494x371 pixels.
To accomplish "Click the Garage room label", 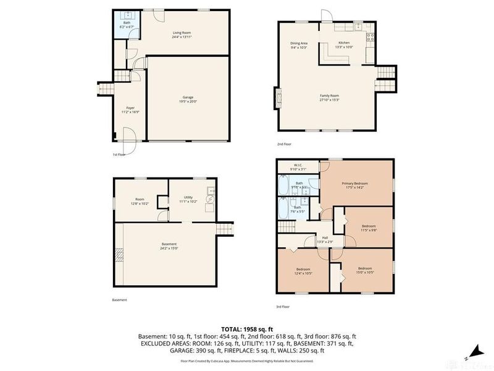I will (x=188, y=98).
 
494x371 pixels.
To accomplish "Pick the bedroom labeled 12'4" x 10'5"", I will (x=303, y=270).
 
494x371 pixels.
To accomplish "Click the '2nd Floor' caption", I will (x=285, y=144).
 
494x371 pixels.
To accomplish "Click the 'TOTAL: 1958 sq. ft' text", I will (x=246, y=328).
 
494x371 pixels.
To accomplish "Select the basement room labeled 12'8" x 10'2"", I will (x=140, y=200).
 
